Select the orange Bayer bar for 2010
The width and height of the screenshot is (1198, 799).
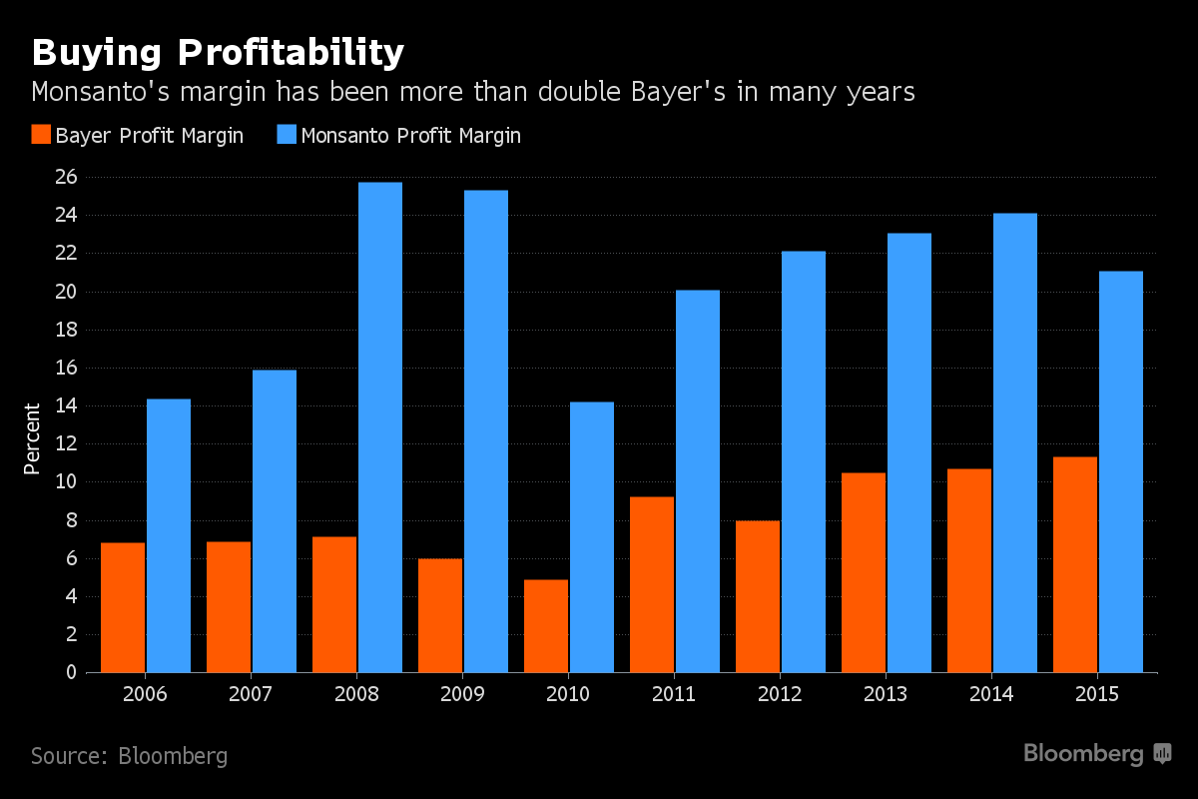click(x=546, y=625)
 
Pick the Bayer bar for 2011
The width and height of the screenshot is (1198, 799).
click(x=652, y=584)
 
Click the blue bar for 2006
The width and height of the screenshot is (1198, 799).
click(x=169, y=535)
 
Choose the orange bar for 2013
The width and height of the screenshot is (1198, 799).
click(x=864, y=572)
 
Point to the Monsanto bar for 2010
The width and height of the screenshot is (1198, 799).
click(x=592, y=537)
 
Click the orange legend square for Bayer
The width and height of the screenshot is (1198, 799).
click(x=40, y=135)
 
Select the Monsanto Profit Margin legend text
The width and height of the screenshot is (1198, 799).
click(x=410, y=136)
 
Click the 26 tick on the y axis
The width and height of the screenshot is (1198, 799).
click(x=66, y=178)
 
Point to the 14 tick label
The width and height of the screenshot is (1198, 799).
click(x=66, y=406)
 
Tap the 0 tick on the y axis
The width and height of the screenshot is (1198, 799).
click(x=71, y=672)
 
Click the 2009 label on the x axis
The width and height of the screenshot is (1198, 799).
click(x=462, y=694)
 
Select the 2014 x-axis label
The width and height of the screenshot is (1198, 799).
click(x=991, y=694)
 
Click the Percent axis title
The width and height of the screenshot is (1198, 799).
click(x=32, y=438)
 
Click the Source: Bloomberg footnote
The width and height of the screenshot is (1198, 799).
click(x=129, y=756)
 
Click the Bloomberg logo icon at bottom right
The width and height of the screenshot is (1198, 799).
click(x=1162, y=754)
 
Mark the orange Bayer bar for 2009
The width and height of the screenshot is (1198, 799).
click(x=440, y=615)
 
